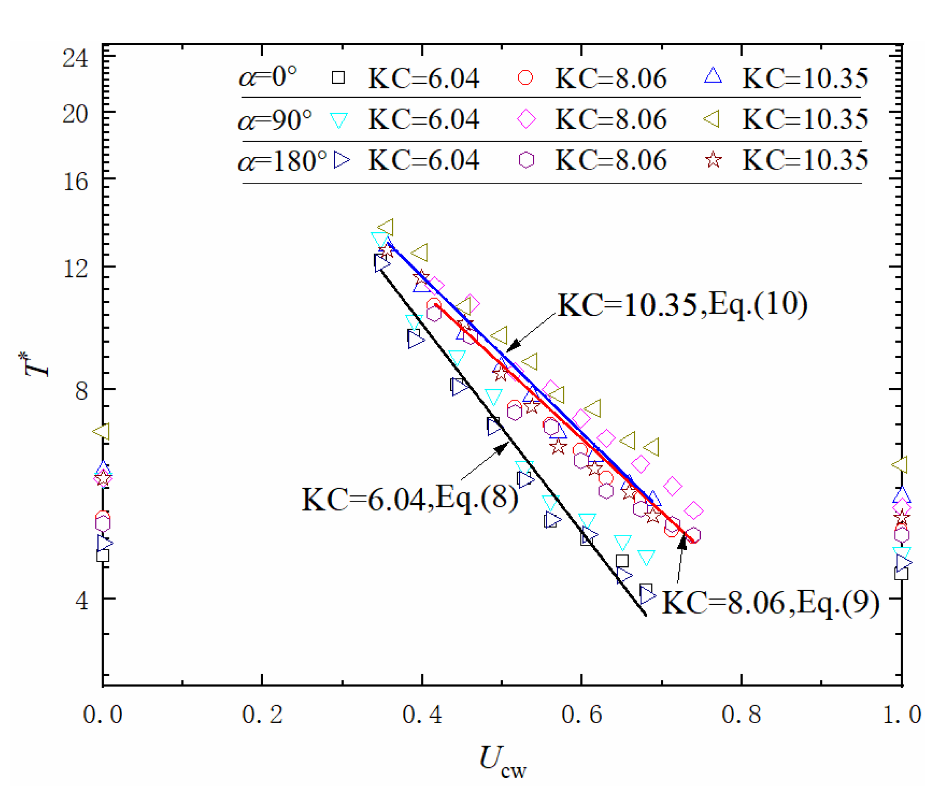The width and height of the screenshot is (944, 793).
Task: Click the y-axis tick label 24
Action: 75,58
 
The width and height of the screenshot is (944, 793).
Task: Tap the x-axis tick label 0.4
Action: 421,714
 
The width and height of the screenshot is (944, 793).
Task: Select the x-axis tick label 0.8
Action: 741,714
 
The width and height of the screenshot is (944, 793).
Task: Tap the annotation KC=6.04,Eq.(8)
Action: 409,499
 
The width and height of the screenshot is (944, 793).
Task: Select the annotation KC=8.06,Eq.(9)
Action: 771,602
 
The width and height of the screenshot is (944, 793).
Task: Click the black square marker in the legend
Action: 338,78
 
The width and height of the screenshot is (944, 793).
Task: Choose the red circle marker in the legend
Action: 525,78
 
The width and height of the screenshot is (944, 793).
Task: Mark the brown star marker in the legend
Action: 713,160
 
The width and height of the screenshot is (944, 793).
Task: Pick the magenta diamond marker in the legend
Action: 526,120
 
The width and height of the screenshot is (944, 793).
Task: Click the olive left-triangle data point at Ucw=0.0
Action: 102,431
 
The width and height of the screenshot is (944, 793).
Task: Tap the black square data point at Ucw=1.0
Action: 901,574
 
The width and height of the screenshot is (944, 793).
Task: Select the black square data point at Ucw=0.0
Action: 102,556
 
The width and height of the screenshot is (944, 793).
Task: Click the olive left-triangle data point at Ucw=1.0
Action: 900,464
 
